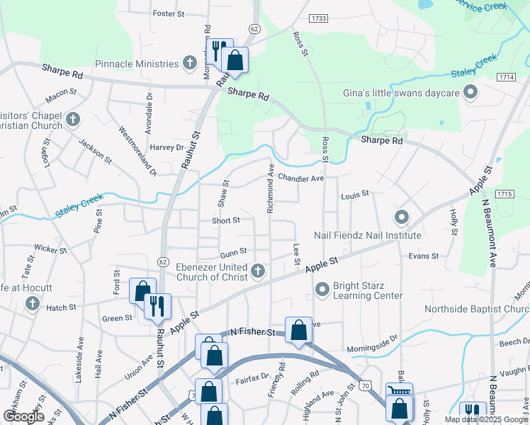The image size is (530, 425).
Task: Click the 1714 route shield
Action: point(506,76)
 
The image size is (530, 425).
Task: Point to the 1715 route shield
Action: point(504,193)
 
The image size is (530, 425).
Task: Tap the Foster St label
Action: point(168,13)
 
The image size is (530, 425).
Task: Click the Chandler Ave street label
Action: point(300,178)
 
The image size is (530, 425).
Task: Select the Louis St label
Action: point(355,193)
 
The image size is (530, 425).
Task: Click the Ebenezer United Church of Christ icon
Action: point(259,270)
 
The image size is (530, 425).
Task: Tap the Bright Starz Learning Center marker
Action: point(322,288)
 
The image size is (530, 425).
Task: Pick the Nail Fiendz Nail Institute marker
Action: point(401,217)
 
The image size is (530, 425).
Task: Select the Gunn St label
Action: point(232,251)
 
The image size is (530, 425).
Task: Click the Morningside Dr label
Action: point(373,348)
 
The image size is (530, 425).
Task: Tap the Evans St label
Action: point(424,256)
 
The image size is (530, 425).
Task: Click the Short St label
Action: point(225,220)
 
